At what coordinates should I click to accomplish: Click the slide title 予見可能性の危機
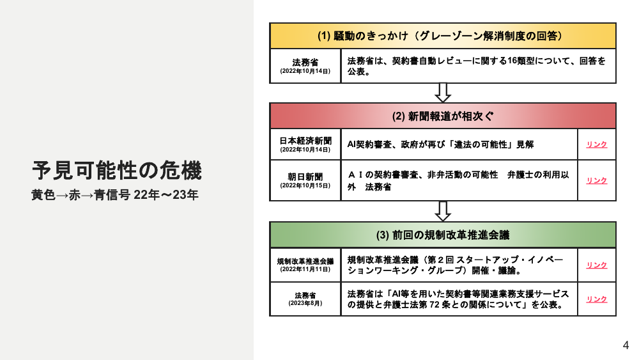point(117,171)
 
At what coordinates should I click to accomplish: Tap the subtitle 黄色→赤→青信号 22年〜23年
point(115,195)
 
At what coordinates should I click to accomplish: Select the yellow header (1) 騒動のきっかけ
point(443,36)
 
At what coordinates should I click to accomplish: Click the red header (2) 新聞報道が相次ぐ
point(443,116)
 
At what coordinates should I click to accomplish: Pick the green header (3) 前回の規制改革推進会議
point(443,235)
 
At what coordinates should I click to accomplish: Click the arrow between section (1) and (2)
point(443,93)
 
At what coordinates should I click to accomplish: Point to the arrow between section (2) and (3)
point(443,212)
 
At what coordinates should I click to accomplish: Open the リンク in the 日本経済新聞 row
point(597,145)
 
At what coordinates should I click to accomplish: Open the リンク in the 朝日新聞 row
point(597,180)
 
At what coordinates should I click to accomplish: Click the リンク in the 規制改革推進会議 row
point(597,265)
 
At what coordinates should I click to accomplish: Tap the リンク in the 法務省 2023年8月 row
point(597,299)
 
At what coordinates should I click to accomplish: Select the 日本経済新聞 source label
point(305,141)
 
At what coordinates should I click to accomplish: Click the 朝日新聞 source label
point(305,176)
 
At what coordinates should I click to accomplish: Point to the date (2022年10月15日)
point(305,185)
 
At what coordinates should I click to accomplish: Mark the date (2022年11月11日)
point(305,269)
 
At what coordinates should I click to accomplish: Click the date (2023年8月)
point(305,303)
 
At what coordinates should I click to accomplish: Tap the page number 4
point(626,345)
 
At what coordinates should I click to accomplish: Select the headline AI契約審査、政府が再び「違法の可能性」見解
point(440,145)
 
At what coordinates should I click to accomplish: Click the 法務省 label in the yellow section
point(305,63)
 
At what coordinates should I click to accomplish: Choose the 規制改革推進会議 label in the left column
point(305,262)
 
